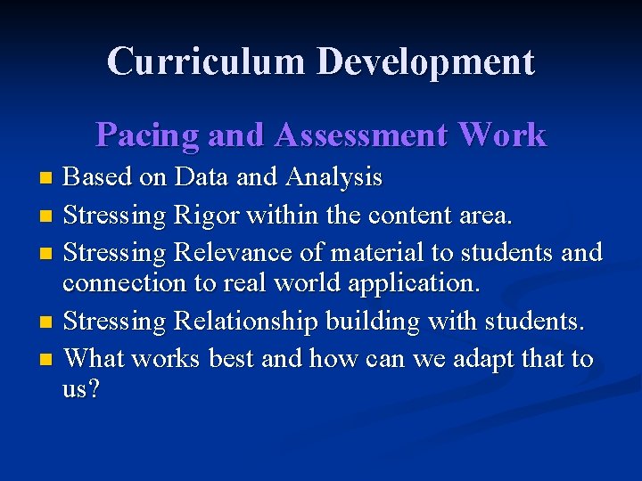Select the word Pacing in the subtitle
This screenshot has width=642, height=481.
coord(148,135)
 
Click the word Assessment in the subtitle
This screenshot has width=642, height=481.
coord(361,135)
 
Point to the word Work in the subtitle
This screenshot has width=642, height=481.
coord(501,135)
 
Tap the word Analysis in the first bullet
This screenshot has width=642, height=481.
coord(334,178)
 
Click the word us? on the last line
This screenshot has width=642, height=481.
coord(81,390)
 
